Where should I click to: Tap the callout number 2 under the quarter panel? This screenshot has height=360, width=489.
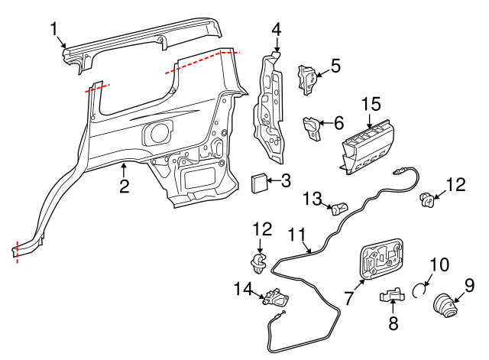[123, 186]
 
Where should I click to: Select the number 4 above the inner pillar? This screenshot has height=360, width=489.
[276, 30]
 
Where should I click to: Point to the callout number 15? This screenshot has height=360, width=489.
[370, 103]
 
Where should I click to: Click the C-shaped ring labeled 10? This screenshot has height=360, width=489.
[419, 289]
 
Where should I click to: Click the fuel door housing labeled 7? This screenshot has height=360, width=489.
[381, 260]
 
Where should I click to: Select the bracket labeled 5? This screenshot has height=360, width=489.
[309, 79]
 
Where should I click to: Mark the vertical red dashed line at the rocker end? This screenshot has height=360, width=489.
[16, 251]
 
